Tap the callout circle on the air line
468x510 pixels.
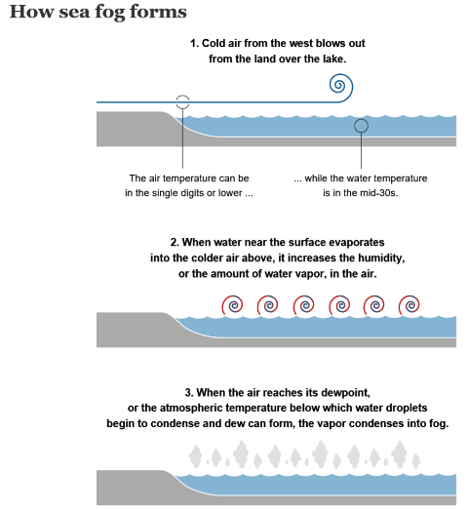182,96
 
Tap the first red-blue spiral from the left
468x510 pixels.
232,305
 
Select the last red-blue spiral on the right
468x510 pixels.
409,305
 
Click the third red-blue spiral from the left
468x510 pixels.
304,305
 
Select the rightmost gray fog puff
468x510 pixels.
416,460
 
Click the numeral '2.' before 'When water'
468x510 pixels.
175,243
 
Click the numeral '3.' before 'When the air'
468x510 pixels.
189,393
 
